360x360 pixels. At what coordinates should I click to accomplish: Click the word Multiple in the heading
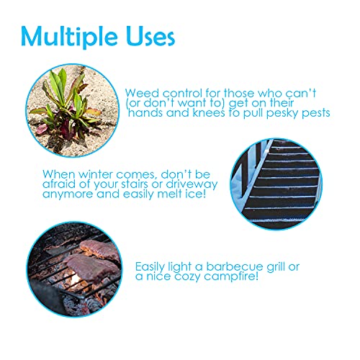pos(69,37)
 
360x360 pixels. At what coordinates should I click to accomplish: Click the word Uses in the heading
pos(150,36)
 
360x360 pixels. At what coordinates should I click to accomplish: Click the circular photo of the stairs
pos(276,184)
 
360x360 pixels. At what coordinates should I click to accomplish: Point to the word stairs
pos(135,184)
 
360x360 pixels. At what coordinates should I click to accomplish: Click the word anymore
pos(68,194)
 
